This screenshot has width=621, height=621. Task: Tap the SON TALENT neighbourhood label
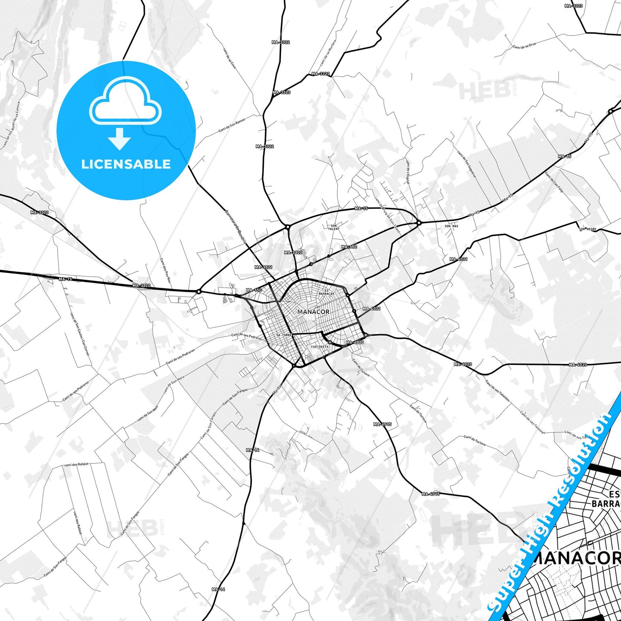(334, 227)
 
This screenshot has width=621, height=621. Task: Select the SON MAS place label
(451, 226)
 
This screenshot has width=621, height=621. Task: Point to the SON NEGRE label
(587, 229)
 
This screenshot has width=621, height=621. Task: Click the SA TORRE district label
(284, 335)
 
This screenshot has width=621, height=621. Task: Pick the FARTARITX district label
(320, 346)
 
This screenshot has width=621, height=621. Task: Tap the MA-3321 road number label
(263, 267)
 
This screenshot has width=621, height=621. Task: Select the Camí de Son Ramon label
(232, 125)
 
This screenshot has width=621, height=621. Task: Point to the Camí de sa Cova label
(229, 58)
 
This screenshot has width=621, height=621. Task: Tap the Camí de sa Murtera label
(328, 53)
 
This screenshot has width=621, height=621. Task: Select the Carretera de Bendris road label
(236, 226)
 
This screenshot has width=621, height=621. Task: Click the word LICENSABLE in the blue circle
(126, 164)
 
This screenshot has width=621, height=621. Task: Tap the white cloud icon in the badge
(125, 102)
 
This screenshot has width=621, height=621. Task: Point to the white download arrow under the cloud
(119, 139)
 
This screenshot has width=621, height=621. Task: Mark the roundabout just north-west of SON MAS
(419, 223)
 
